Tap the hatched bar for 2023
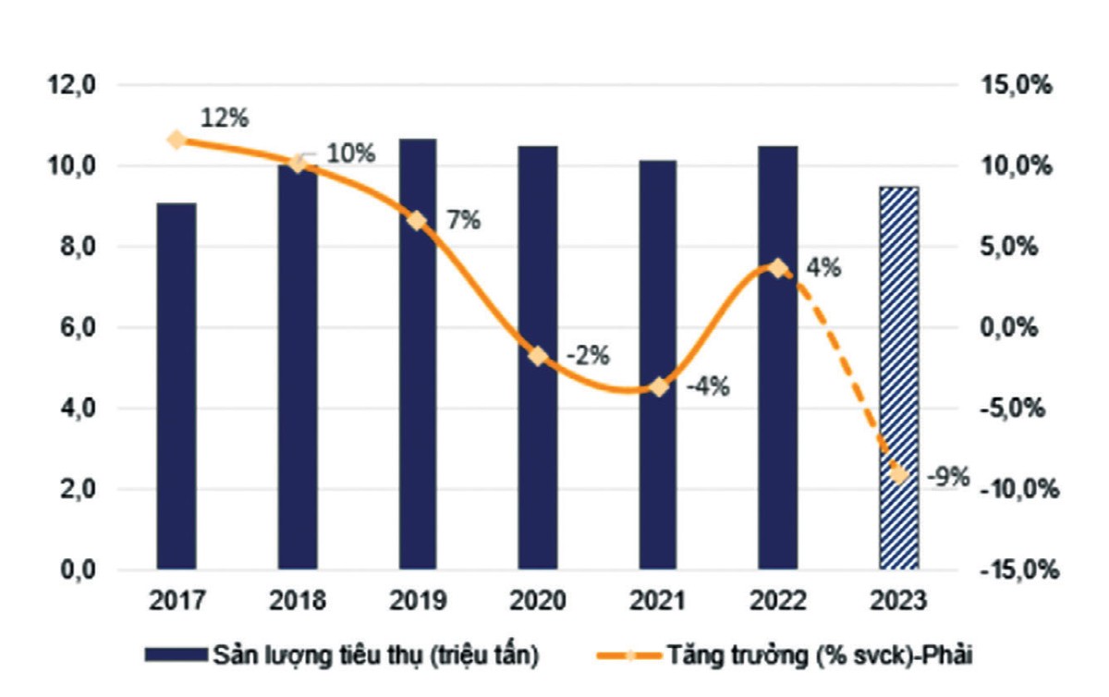pyautogui.click(x=899, y=378)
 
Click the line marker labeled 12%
pyautogui.click(x=176, y=141)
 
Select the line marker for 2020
pyautogui.click(x=538, y=357)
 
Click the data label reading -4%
pyautogui.click(x=708, y=386)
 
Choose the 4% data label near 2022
pyautogui.click(x=823, y=268)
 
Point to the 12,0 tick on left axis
pyautogui.click(x=73, y=86)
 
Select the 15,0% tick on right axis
pyautogui.click(x=1016, y=86)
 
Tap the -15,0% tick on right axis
pyautogui.click(x=1013, y=570)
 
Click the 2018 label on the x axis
pyautogui.click(x=298, y=602)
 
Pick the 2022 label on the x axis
pyautogui.click(x=778, y=602)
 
